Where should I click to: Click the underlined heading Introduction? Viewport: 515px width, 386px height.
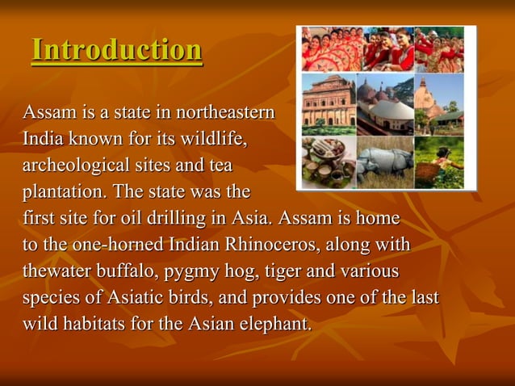(116, 50)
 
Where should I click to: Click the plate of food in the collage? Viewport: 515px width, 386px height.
(326, 164)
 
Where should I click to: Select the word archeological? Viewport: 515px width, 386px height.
(74, 166)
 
